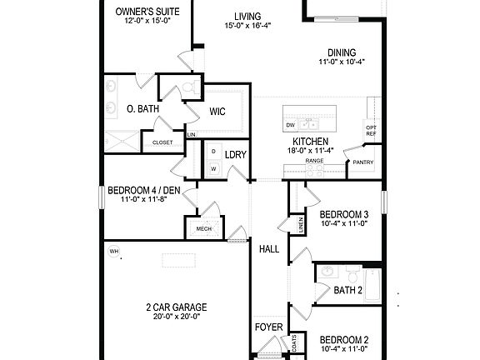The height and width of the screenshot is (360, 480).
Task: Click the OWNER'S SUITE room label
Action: [147, 11]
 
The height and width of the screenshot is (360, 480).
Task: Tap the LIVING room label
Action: [247, 16]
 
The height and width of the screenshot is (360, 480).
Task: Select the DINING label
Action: [342, 51]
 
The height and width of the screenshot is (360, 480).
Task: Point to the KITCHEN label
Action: [310, 142]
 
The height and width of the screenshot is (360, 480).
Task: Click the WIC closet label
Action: [217, 110]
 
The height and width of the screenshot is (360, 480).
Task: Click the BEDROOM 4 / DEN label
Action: [140, 189]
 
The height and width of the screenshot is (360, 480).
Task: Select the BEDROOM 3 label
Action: [344, 213]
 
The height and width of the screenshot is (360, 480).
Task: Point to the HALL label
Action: [269, 249]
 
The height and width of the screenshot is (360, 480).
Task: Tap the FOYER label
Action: [268, 327]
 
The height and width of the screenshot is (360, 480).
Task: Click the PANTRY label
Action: [363, 162]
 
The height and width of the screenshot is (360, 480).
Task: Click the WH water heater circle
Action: [113, 251]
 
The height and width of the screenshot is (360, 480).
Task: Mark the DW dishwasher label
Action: [290, 125]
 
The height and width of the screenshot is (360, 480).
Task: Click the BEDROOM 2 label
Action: [344, 340]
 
